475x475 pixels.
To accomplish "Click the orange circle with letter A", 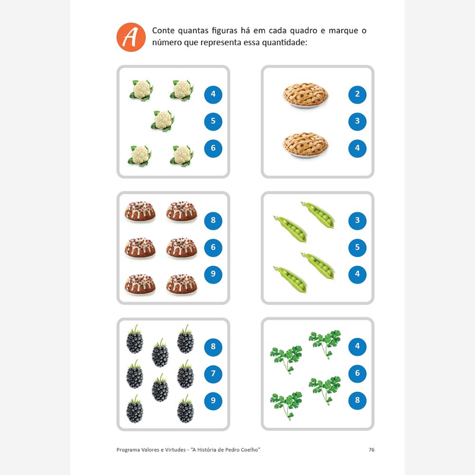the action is pos(131,37).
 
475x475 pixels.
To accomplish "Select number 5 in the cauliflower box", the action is pos(213,121).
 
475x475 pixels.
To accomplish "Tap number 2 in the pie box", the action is pos(357,95).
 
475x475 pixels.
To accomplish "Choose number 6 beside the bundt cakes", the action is pos(213,247).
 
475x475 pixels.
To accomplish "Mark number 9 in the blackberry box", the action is pos(213,401).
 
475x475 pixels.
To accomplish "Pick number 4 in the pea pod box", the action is pos(357,275).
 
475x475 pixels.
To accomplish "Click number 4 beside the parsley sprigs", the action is pos(357,347).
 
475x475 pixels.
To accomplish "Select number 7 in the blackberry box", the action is pos(213,374).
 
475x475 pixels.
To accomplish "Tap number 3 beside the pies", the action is pos(357,121).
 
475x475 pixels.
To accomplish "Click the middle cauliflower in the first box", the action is pos(162,121).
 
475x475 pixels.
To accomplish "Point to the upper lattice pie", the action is pos(305,95).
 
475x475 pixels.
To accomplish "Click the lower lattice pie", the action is pos(305,144).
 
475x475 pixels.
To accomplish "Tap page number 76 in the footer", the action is pos(371,450).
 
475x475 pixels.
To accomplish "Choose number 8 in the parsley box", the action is pos(357,400).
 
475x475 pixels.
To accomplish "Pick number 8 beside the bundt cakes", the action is pos(213,220).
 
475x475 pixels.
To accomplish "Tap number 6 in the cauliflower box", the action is pos(213,148).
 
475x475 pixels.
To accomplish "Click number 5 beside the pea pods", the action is pos(357,247).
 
